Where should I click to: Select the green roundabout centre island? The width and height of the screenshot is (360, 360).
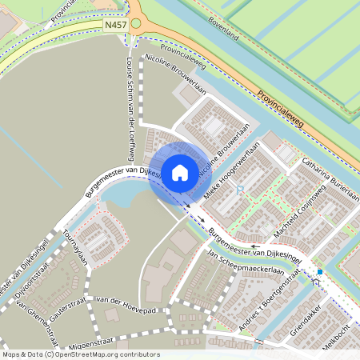[x=136, y=24]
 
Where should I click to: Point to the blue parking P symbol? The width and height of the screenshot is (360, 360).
[x=239, y=190]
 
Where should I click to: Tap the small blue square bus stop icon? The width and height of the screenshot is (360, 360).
[x=320, y=273]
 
